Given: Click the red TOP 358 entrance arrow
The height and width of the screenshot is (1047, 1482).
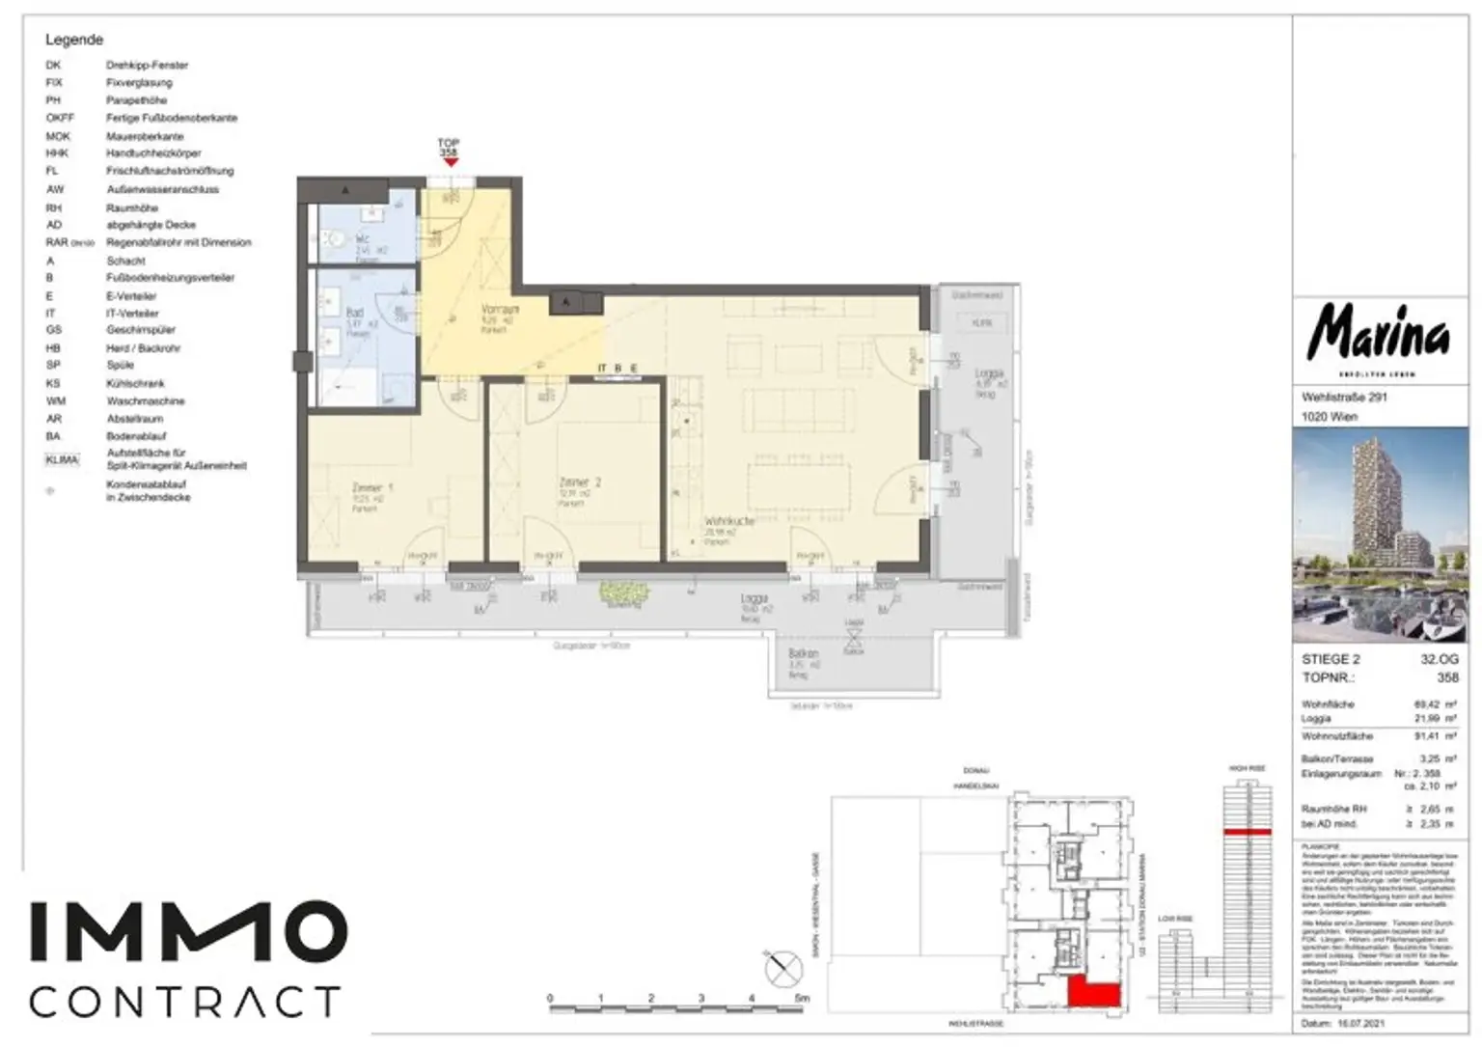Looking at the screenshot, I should click(450, 162).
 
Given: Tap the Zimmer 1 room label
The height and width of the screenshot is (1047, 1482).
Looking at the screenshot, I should click(372, 488).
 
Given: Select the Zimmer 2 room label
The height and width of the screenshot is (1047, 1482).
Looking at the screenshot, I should click(580, 482).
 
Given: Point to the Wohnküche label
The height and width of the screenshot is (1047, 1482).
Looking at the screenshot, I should click(729, 521).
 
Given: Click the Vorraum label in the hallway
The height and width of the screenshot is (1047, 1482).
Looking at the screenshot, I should click(500, 310).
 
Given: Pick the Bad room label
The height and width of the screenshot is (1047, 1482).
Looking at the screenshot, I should click(354, 313).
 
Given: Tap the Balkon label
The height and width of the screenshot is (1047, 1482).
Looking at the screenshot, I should click(803, 654).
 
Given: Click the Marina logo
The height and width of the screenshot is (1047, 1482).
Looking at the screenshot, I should click(1378, 334).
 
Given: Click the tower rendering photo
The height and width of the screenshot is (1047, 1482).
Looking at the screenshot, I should click(1380, 534).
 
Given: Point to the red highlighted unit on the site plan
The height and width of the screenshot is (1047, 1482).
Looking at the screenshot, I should click(1093, 992).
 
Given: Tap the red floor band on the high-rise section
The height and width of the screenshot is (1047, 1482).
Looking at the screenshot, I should click(1247, 831).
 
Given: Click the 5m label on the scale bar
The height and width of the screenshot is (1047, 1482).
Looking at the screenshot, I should click(802, 999).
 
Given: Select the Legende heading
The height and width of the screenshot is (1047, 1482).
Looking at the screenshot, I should click(74, 40).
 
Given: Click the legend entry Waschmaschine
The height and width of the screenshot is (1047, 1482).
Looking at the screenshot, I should click(145, 401).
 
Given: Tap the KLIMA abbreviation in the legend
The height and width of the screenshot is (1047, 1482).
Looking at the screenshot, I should click(62, 459).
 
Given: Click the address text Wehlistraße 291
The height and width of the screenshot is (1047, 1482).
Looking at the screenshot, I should click(1344, 397).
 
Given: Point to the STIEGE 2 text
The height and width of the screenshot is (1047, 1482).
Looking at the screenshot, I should click(1331, 659).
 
